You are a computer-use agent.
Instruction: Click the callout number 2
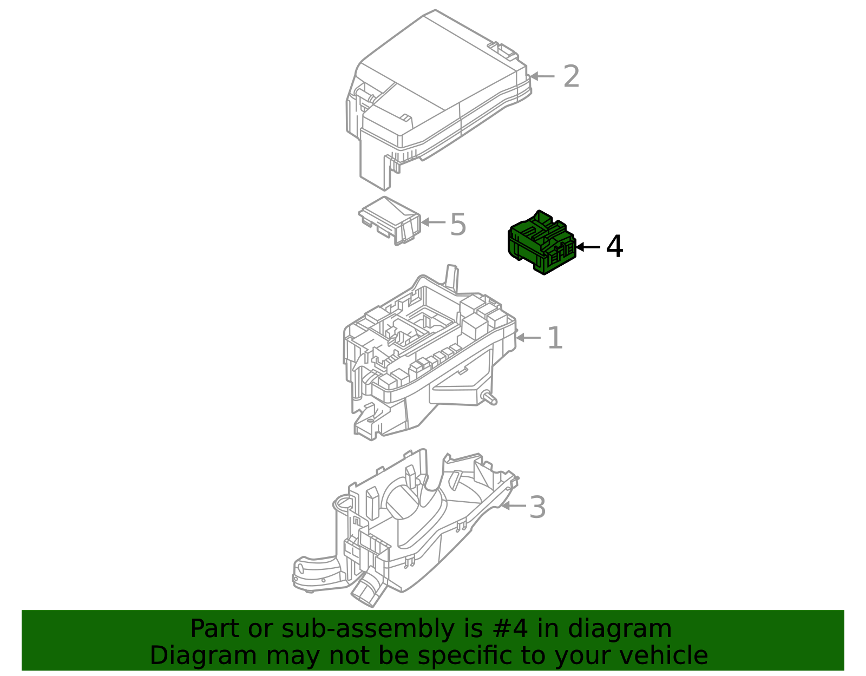(x=571, y=76)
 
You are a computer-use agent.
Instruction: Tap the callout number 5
(x=458, y=225)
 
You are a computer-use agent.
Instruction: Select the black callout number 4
(x=614, y=247)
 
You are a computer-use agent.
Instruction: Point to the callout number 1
(x=555, y=338)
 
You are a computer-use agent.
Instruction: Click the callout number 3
(x=537, y=508)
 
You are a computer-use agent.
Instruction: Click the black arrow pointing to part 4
(x=588, y=247)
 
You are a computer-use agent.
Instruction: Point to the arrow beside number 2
(x=542, y=76)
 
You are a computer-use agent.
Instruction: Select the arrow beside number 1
(x=528, y=338)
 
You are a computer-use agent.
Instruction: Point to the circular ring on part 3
(x=342, y=503)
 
